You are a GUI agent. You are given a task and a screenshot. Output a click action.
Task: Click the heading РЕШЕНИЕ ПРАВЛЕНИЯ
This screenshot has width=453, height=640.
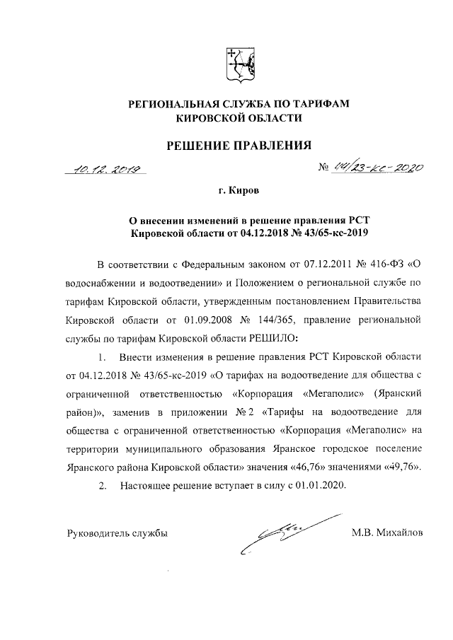click(x=239, y=146)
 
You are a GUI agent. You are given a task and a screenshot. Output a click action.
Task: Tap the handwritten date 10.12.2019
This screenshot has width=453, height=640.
click(x=103, y=168)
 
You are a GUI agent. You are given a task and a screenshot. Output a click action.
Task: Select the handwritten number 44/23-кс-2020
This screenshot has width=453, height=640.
click(x=379, y=168)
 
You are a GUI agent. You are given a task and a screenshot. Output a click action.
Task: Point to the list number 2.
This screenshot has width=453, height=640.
click(x=103, y=486)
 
